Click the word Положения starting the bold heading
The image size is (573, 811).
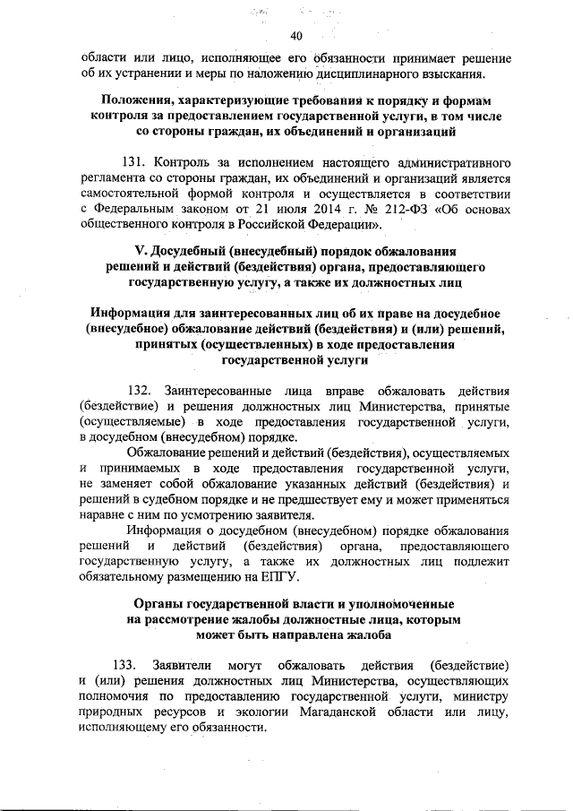(141, 96)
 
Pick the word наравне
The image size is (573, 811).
(102, 516)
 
